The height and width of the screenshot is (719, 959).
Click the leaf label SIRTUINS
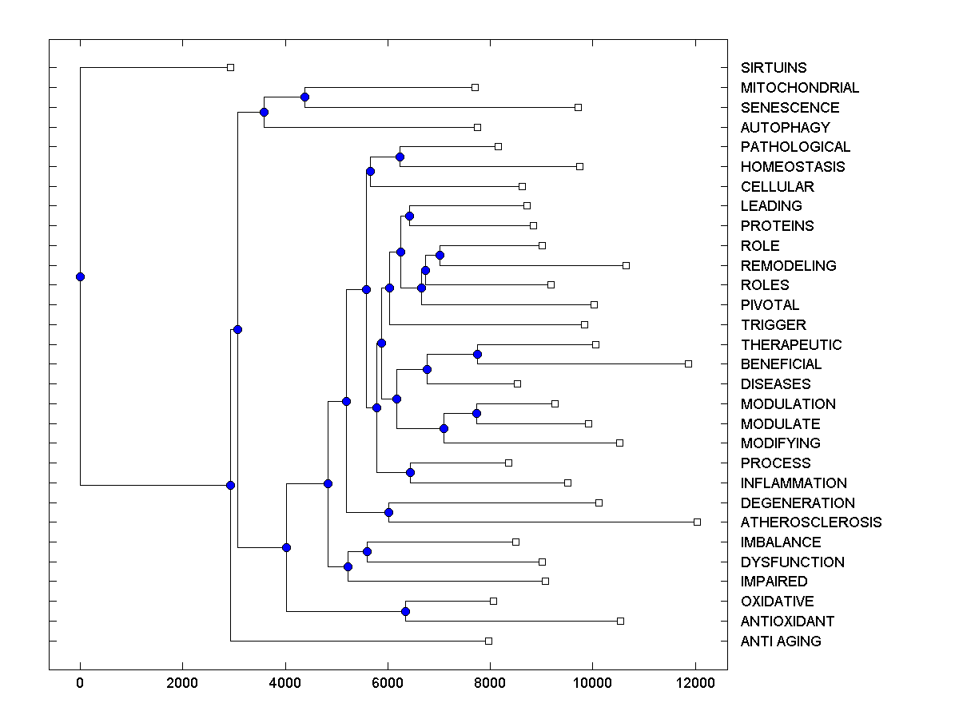(x=773, y=68)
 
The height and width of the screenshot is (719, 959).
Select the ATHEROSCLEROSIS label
(x=810, y=522)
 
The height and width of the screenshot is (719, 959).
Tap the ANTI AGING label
(x=780, y=642)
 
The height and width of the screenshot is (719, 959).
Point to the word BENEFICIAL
(x=781, y=364)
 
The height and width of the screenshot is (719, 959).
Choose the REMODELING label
(x=788, y=265)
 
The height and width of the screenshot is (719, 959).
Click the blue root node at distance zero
(x=80, y=276)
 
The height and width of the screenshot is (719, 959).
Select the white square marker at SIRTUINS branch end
(x=230, y=67)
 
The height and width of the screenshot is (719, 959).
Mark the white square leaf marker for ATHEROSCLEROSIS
(x=697, y=522)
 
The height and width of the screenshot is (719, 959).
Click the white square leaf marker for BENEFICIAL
(x=688, y=363)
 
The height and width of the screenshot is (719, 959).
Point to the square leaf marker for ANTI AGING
(x=488, y=641)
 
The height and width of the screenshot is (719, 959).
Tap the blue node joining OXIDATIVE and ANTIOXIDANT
(x=405, y=611)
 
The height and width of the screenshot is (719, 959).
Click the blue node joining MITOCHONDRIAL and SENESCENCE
(x=304, y=97)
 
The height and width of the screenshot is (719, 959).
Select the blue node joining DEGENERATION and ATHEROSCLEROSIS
(x=388, y=512)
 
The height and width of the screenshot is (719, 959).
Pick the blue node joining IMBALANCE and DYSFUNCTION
(x=367, y=551)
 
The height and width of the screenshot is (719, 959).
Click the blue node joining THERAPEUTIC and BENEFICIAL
(x=477, y=354)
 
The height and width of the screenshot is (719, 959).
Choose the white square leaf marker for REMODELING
(x=626, y=265)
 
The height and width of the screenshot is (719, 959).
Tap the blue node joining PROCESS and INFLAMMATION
(x=410, y=472)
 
